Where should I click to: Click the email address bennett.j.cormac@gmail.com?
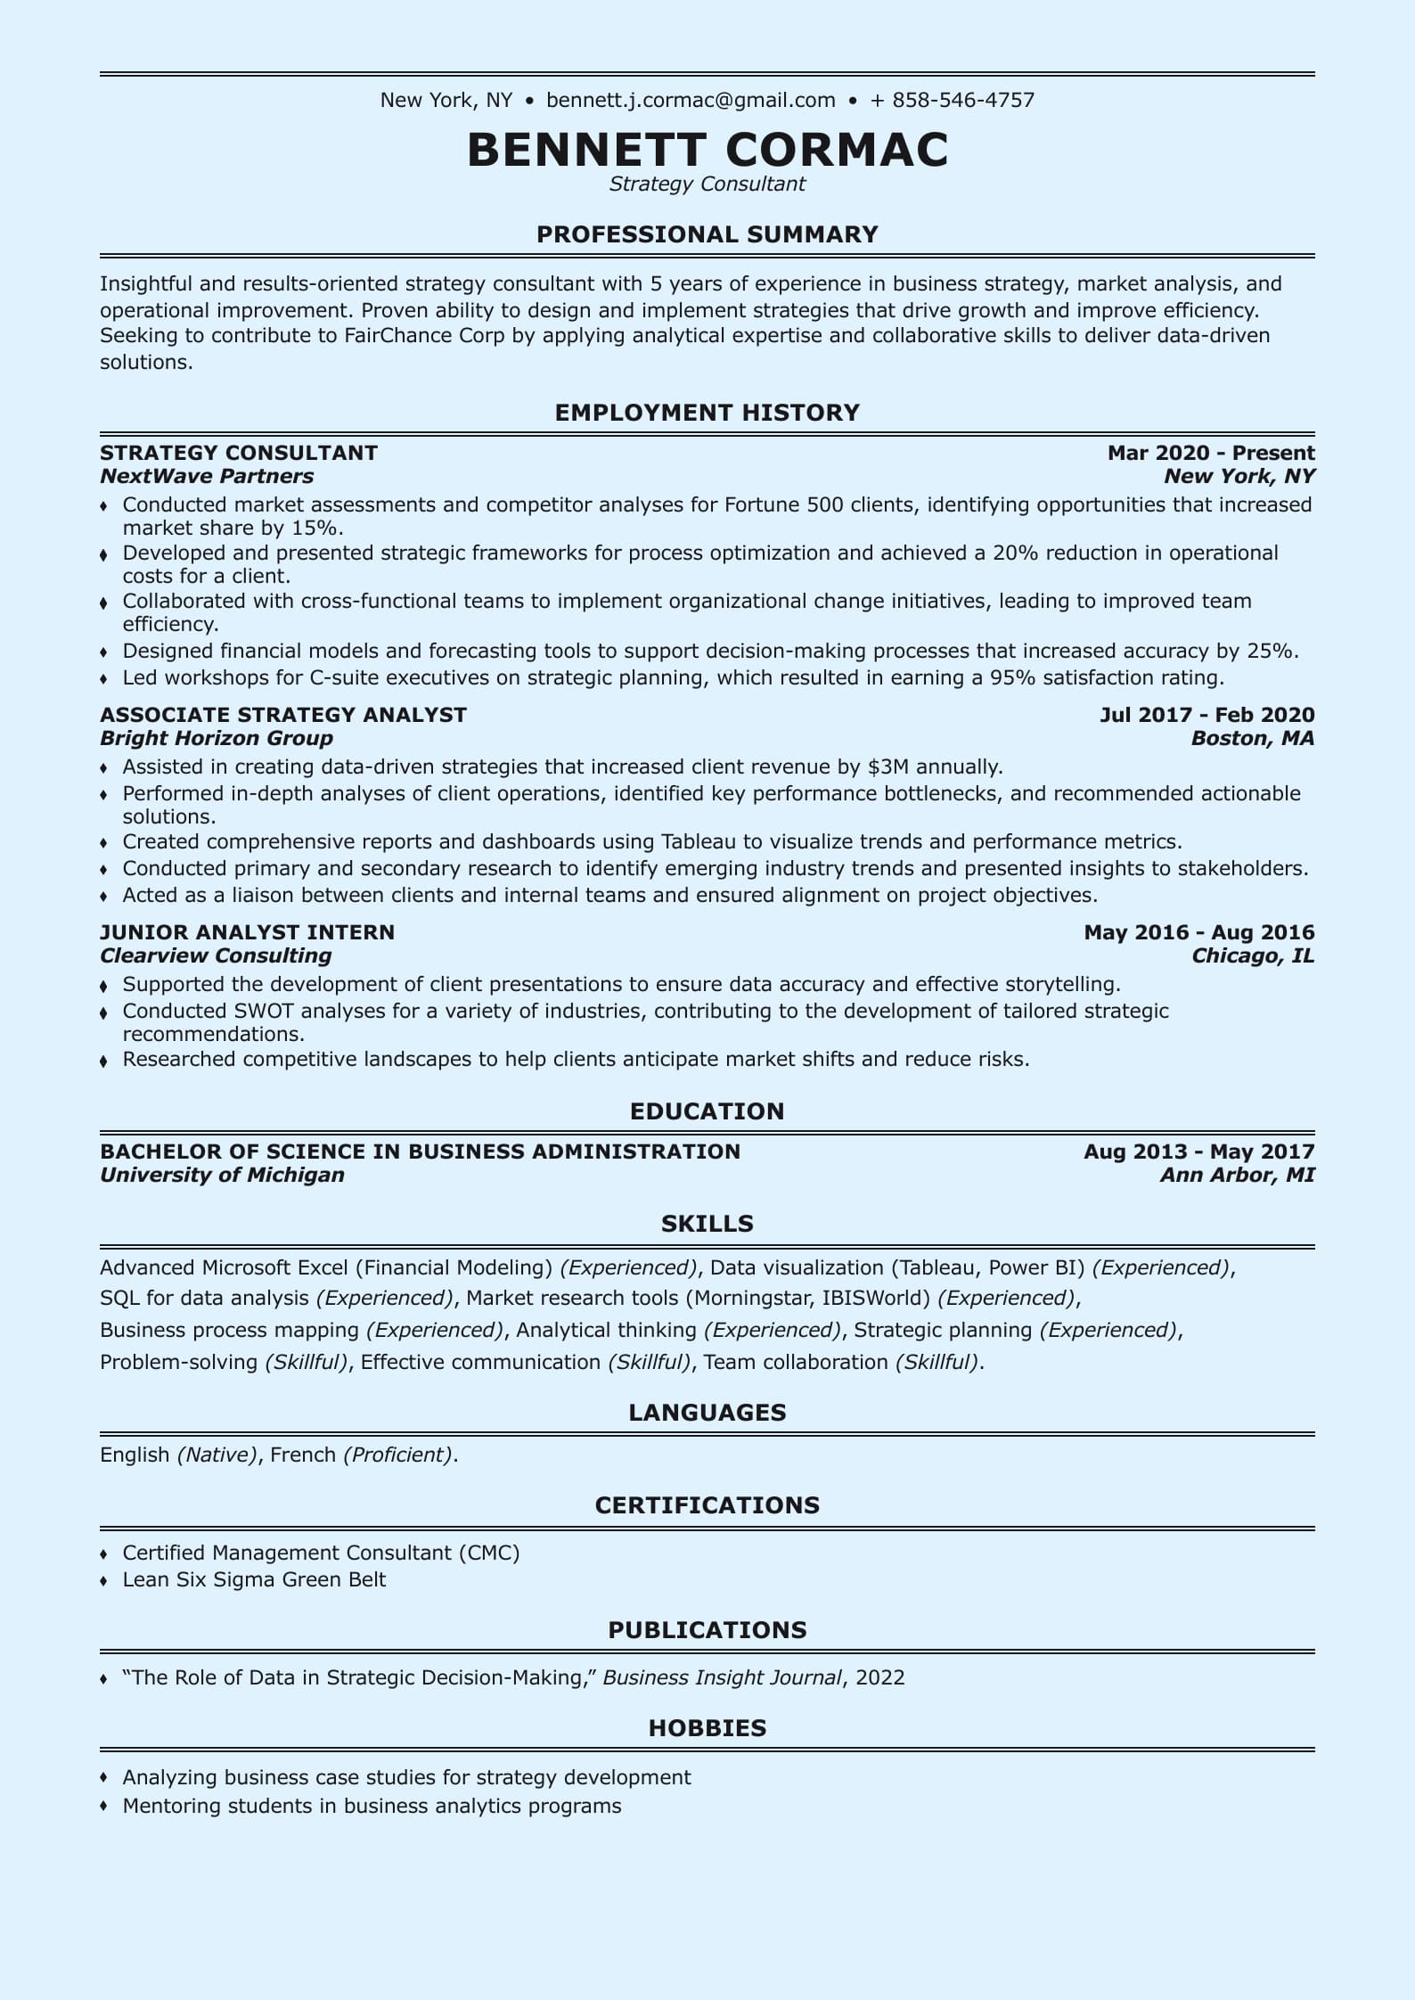[x=691, y=100]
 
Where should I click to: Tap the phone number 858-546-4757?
[x=963, y=100]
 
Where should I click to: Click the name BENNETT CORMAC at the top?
[x=707, y=149]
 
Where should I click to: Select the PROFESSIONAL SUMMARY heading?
[x=707, y=234]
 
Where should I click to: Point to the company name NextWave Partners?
[x=207, y=476]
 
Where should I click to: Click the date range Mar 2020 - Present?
[x=1211, y=453]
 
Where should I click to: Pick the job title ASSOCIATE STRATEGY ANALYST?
[x=283, y=715]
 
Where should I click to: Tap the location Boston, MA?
[x=1253, y=738]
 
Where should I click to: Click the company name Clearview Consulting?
[x=216, y=955]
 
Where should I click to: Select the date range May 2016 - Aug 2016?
[x=1198, y=932]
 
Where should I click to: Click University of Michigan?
[x=222, y=1175]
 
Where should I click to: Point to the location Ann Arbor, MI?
[x=1237, y=1175]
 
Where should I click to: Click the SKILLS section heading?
[x=707, y=1224]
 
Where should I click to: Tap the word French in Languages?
[x=303, y=1455]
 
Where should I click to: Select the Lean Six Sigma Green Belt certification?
[x=254, y=1579]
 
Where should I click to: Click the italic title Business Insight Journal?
[x=722, y=1677]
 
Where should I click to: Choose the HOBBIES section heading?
[x=707, y=1728]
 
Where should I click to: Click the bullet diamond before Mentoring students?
[x=104, y=1807]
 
